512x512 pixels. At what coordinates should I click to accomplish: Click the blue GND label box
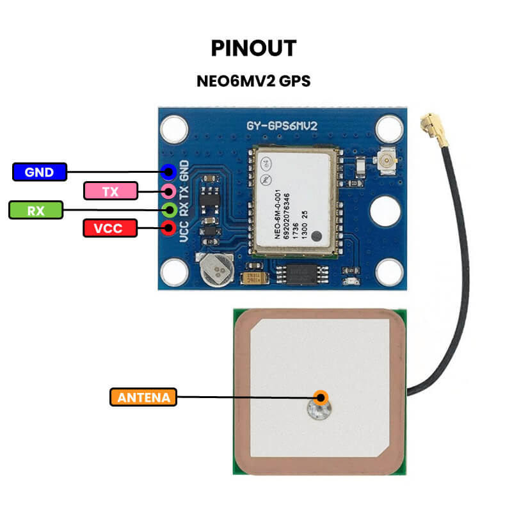click(40, 172)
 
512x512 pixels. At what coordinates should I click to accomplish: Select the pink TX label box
click(111, 191)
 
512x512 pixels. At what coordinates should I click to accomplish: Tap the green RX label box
click(36, 210)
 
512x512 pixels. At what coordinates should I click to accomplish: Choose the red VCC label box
click(111, 228)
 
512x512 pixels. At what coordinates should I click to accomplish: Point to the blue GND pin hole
click(169, 172)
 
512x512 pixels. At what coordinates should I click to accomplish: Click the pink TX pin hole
click(169, 191)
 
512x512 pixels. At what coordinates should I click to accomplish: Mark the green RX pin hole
click(169, 209)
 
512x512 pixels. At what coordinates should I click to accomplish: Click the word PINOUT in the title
click(253, 49)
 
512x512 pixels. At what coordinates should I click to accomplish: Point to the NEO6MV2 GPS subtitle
click(253, 82)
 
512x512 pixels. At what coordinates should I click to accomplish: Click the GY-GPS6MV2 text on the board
click(282, 126)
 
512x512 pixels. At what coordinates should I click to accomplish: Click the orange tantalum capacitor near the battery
click(253, 278)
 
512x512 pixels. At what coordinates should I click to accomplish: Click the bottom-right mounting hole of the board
click(388, 271)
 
